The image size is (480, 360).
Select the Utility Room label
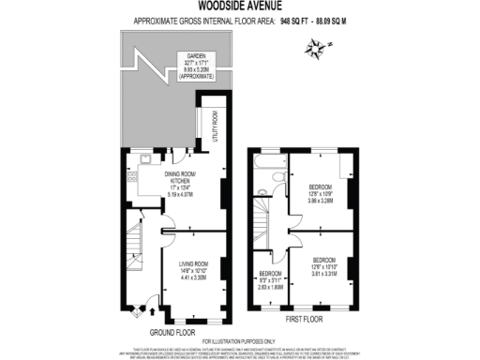coord(215,126)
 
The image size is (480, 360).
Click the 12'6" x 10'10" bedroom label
coord(324,265)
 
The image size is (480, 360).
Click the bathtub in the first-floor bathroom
coord(268,172)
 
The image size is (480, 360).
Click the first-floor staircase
coord(268,226)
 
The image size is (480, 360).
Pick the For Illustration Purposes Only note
coord(240,339)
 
